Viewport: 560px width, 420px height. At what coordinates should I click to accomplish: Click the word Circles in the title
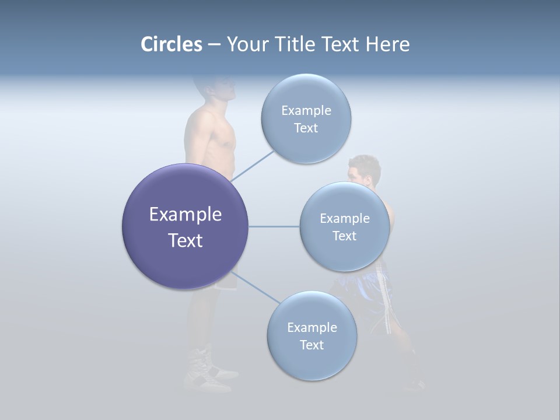171,44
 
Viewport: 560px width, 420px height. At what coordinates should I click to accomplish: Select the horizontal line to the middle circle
274,226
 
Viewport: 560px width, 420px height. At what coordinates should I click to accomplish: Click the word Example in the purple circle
185,215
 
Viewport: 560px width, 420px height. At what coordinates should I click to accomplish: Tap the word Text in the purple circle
185,240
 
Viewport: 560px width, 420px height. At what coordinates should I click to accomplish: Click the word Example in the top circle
306,110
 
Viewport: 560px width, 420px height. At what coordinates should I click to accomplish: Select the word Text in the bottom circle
311,345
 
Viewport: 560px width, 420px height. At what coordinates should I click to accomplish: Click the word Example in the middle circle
344,218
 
